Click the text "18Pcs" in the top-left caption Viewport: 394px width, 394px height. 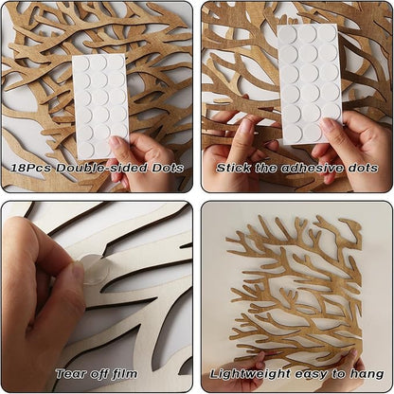(30, 168)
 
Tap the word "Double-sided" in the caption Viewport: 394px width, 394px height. (101, 168)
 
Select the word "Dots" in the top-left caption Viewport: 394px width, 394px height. (168, 168)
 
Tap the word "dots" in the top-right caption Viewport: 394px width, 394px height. (364, 168)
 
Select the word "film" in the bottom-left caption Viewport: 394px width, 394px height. (124, 374)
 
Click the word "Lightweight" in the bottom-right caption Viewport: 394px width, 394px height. (250, 375)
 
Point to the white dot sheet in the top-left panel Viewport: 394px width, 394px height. (100, 106)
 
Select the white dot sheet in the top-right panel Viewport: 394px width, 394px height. (310, 83)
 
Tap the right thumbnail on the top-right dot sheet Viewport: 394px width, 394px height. (329, 126)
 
